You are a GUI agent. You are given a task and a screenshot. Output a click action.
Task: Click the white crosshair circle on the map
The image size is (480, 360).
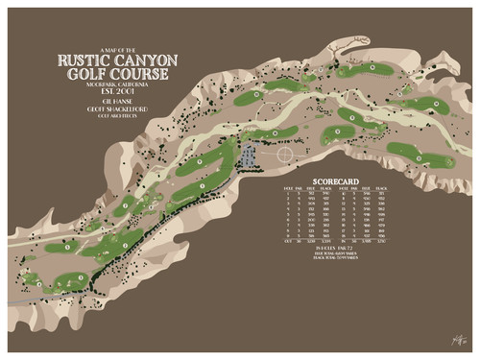coord(284,153)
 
